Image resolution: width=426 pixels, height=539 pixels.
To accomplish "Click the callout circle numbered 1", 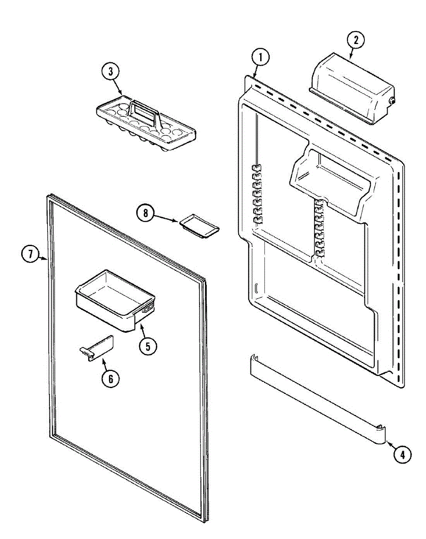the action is [260, 58].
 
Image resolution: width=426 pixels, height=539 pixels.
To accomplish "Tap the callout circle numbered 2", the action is [355, 40].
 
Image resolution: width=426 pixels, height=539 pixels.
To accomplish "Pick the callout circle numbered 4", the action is [402, 455].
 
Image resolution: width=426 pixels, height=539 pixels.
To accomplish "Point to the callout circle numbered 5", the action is [148, 345].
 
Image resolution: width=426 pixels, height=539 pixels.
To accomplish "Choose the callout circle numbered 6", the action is [110, 379].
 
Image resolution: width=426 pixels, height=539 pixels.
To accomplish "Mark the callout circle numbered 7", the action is [29, 254].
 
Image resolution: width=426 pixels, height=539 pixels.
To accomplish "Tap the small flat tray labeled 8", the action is [200, 225].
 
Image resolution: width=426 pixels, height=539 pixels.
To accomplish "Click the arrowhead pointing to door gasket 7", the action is [45, 259].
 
